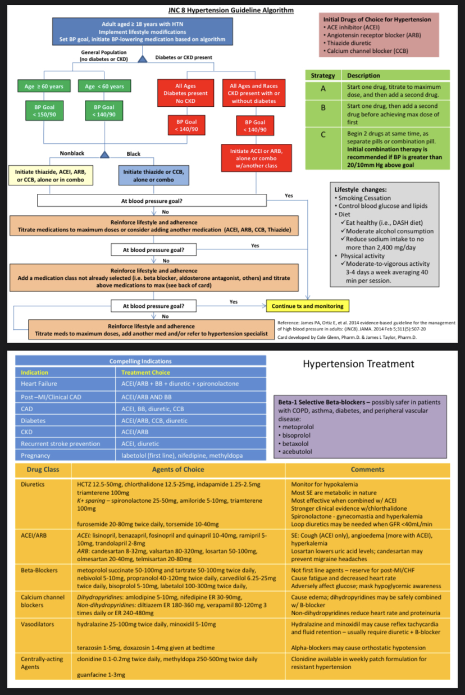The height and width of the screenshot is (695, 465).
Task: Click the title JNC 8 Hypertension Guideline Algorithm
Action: pyautogui.click(x=230, y=10)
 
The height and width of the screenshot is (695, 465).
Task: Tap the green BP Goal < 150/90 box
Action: pyautogui.click(x=44, y=110)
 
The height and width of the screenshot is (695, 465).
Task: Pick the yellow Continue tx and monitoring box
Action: pyautogui.click(x=308, y=306)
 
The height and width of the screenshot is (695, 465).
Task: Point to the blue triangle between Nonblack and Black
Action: pyautogui.click(x=104, y=154)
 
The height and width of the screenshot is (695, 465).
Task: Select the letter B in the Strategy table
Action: pyautogui.click(x=323, y=107)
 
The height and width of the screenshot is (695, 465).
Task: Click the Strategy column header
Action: pyautogui.click(x=323, y=75)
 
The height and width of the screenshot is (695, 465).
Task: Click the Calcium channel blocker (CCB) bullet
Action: pyautogui.click(x=364, y=51)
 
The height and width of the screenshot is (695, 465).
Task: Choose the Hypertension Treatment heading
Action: pyautogui.click(x=358, y=364)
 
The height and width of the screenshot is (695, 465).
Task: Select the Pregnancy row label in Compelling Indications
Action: pyautogui.click(x=35, y=456)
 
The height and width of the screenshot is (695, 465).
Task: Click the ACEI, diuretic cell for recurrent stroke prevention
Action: pyautogui.click(x=141, y=443)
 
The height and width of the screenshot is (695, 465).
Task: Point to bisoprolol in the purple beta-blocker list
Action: pyautogui.click(x=299, y=435)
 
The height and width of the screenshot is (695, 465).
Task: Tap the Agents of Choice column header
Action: pyautogui.click(x=178, y=469)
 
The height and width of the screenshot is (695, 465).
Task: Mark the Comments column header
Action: pyautogui.click(x=367, y=469)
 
